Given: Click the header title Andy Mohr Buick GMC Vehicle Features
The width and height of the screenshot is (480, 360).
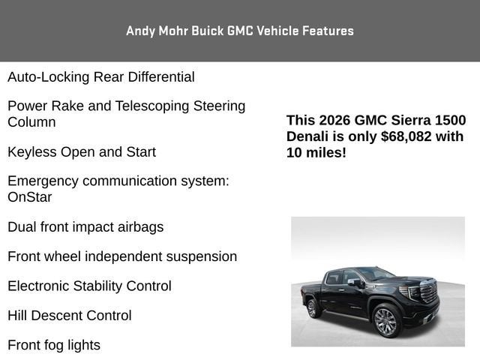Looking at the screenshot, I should (x=240, y=31).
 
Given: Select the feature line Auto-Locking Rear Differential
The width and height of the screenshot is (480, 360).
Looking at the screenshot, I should (x=101, y=76).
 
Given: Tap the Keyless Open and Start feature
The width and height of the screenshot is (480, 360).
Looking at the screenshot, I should (x=82, y=151).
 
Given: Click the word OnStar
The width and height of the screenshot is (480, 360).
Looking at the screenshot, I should (x=30, y=197).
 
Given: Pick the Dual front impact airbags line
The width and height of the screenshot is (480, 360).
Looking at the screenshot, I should (x=85, y=226).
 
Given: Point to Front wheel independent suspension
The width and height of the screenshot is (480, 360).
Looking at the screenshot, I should (x=122, y=256).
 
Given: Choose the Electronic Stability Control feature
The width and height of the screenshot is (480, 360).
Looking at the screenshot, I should (x=89, y=286).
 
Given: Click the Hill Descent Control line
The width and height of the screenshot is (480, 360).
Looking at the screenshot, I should (x=70, y=316).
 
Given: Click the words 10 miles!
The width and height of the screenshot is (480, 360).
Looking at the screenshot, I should (x=316, y=152).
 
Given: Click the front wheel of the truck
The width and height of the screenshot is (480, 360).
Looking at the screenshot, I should (x=385, y=322).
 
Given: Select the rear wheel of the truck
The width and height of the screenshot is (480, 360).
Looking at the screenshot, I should (x=313, y=307).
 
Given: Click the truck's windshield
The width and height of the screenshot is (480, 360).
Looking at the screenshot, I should (x=375, y=274).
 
